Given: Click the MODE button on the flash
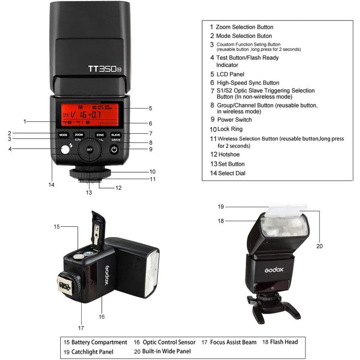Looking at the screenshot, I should pyautogui.click(x=63, y=135).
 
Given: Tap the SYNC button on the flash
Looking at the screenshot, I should pyautogui.click(x=100, y=135).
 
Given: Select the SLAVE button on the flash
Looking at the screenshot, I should pyautogui.click(x=115, y=135).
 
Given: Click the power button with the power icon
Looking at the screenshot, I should pyautogui.click(x=114, y=150).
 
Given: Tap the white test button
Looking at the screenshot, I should pyautogui.click(x=64, y=150).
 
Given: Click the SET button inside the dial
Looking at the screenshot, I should pyautogui.click(x=89, y=150).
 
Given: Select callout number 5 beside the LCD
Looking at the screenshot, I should pyautogui.click(x=150, y=108).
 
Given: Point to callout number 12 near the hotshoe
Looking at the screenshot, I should pyautogui.click(x=119, y=188).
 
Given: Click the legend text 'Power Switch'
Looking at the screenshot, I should pyautogui.click(x=235, y=119).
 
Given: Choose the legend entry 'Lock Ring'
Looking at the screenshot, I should pyautogui.click(x=229, y=129).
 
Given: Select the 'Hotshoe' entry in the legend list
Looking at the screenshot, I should pyautogui.click(x=229, y=154).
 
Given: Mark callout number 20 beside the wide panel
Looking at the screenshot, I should pyautogui.click(x=319, y=246).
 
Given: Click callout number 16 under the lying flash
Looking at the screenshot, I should pyautogui.click(x=102, y=317).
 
